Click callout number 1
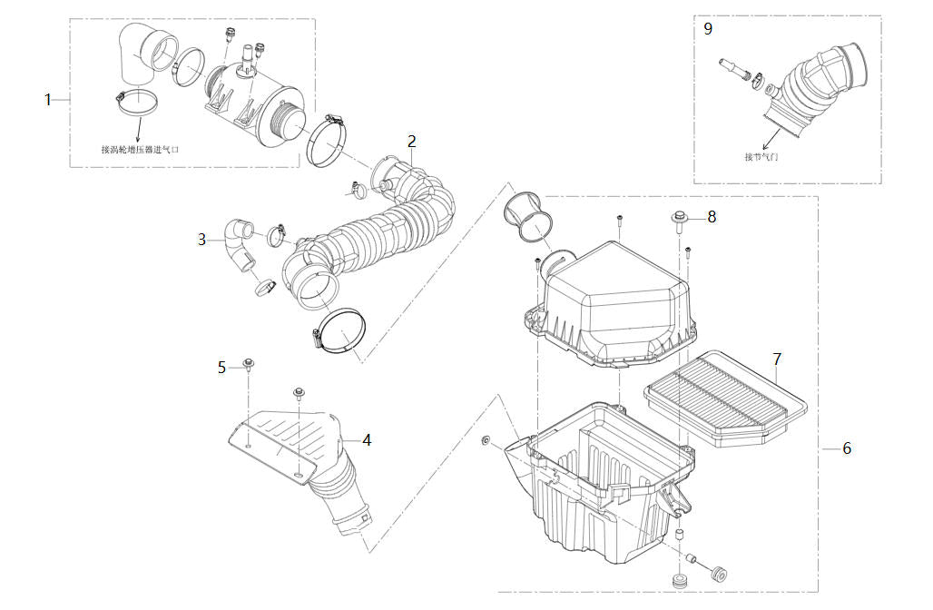tap(48, 99)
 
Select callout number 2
tap(411, 141)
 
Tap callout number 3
tap(201, 240)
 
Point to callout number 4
tap(367, 439)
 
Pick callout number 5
tap(221, 367)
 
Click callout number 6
tap(847, 448)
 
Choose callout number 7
tap(777, 359)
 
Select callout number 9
tap(708, 28)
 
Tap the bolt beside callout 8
tap(680, 219)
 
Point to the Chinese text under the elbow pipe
tap(140, 149)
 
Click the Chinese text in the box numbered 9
tap(761, 156)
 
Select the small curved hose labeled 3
tap(241, 242)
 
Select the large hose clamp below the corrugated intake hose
tap(341, 331)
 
